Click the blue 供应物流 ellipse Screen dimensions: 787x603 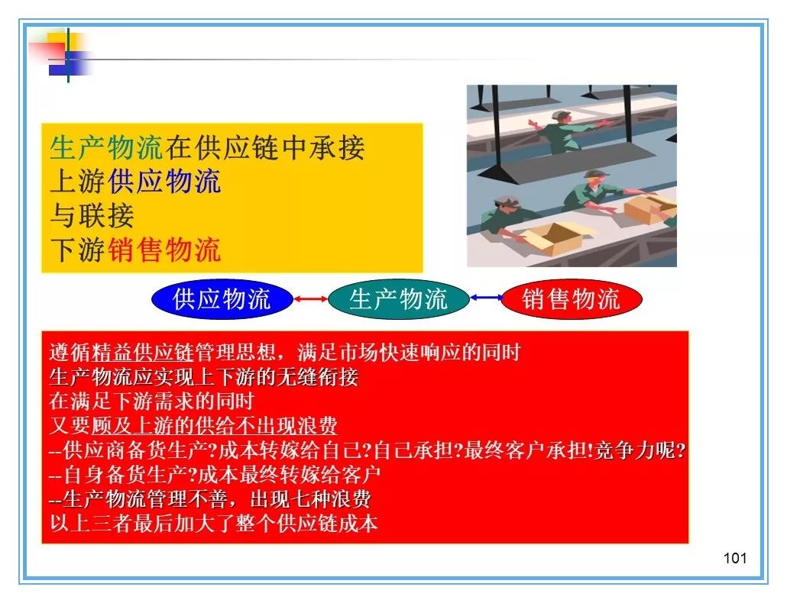[x=222, y=298]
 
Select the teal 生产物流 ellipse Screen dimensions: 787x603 [x=399, y=298]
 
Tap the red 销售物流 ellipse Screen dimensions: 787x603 [x=572, y=298]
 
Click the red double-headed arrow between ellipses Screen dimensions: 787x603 [x=310, y=299]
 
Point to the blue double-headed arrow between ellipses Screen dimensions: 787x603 [x=485, y=298]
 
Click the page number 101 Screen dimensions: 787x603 [x=735, y=558]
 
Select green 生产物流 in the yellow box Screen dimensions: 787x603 [x=106, y=148]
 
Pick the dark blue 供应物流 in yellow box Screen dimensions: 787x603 [x=164, y=182]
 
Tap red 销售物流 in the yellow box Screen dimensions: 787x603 [x=164, y=250]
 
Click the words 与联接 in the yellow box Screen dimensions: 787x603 [x=92, y=215]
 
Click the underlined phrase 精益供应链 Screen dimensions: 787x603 [x=143, y=353]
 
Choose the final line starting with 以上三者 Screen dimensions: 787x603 [x=214, y=524]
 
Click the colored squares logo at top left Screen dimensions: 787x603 [x=62, y=55]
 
